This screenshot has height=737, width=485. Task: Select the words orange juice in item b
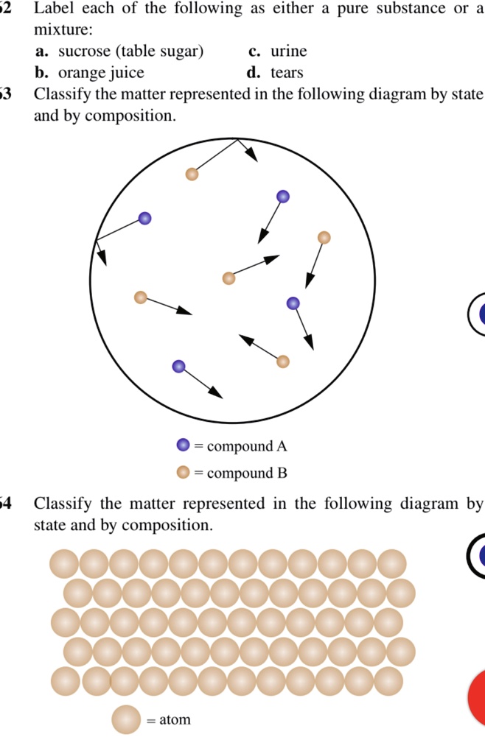(101, 73)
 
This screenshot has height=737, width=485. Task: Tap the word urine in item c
(289, 52)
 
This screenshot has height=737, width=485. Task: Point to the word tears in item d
(287, 73)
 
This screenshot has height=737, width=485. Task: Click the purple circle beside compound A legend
(183, 445)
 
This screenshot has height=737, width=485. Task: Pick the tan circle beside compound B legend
(183, 473)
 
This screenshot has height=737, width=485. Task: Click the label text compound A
(247, 446)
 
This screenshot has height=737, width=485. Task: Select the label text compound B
(247, 473)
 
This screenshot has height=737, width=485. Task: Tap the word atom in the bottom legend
(175, 719)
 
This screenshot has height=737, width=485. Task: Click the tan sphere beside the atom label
(126, 719)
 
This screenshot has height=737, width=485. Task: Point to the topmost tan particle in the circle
(192, 174)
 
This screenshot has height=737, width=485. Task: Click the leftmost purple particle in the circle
(145, 218)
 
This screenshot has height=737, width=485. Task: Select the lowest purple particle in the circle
(179, 366)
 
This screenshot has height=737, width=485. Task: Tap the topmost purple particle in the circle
(283, 197)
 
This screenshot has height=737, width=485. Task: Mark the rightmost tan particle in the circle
(324, 237)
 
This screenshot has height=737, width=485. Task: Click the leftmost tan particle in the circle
(141, 297)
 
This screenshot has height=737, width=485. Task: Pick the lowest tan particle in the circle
(283, 362)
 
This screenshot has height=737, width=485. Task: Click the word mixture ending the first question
(63, 30)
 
